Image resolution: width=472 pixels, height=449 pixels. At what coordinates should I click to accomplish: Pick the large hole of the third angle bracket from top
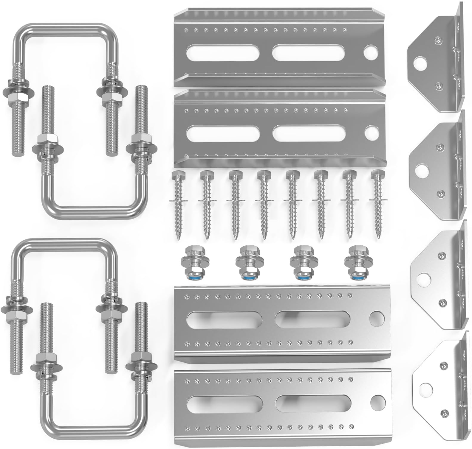(x=423, y=279)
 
